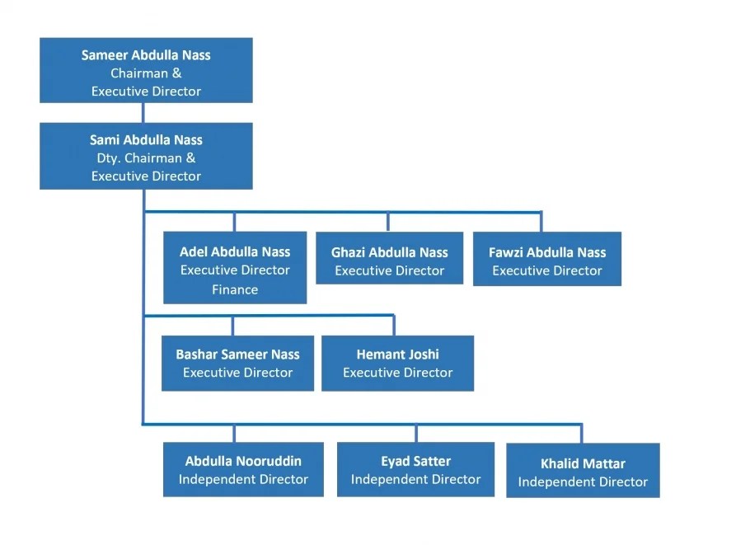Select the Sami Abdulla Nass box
pyautogui.click(x=146, y=157)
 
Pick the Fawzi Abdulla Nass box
pyautogui.click(x=546, y=259)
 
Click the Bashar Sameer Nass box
pyautogui.click(x=237, y=363)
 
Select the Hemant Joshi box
pyautogui.click(x=397, y=363)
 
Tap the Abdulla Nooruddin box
pyautogui.click(x=243, y=469)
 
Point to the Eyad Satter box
pyautogui.click(x=415, y=469)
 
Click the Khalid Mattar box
pyautogui.click(x=583, y=471)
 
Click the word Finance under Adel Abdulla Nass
pyautogui.click(x=235, y=289)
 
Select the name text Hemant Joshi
pyautogui.click(x=397, y=355)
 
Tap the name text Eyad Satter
pyautogui.click(x=415, y=461)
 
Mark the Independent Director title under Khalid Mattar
pyautogui.click(x=583, y=482)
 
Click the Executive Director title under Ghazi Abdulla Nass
pyautogui.click(x=389, y=270)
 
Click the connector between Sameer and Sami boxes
pyautogui.click(x=143, y=113)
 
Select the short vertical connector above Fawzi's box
pyautogui.click(x=541, y=222)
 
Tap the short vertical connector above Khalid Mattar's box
pyautogui.click(x=582, y=435)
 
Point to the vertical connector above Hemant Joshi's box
pyautogui.click(x=394, y=325)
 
